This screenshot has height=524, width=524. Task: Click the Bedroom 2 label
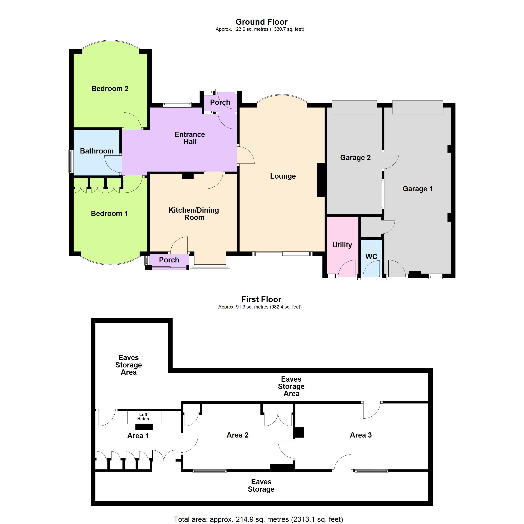[110, 89]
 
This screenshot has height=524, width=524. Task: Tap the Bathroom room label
[97, 151]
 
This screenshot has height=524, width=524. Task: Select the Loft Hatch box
[145, 417]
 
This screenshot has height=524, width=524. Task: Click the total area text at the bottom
[258, 519]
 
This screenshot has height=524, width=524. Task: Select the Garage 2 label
[355, 158]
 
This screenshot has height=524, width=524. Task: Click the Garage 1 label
[417, 189]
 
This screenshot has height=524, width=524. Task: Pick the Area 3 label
[361, 435]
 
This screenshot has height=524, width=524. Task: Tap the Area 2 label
[237, 435]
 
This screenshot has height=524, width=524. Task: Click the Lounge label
[283, 176]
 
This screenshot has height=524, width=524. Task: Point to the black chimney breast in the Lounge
[321, 179]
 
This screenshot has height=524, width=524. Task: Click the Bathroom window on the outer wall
[71, 161]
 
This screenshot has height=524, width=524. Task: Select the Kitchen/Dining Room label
[194, 214]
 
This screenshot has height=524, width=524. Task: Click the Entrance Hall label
[190, 138]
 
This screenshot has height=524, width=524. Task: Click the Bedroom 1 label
[109, 214]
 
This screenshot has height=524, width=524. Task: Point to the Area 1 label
[138, 436]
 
